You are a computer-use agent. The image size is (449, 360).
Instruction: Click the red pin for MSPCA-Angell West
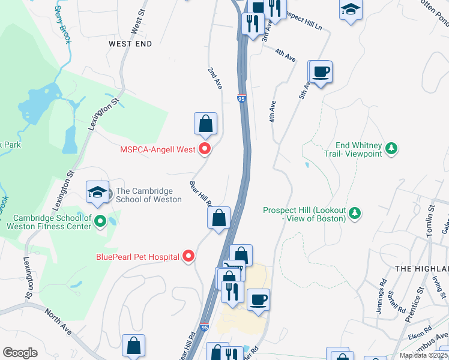[205, 149]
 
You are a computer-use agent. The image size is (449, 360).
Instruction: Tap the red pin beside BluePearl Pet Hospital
[188, 257]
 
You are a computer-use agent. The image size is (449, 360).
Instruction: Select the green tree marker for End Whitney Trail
[391, 148]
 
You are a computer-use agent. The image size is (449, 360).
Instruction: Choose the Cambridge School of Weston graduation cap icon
[97, 192]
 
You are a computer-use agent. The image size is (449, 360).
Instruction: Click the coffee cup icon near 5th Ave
[321, 72]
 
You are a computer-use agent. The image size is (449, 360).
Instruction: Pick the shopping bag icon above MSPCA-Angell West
[205, 124]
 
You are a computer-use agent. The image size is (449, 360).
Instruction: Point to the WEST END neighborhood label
[130, 44]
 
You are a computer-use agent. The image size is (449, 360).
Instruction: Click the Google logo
[20, 353]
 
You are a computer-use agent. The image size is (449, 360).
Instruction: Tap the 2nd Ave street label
[215, 79]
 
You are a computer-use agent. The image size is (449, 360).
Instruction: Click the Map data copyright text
[423, 355]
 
